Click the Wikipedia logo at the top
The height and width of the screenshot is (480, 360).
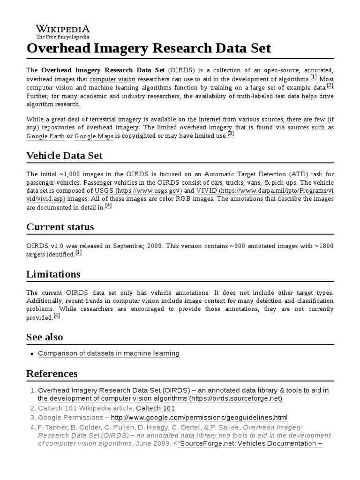coord(63,31)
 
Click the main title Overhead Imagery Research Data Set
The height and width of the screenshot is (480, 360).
coord(149,49)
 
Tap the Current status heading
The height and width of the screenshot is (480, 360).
coord(60,227)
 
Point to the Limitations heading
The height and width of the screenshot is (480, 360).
coord(53,274)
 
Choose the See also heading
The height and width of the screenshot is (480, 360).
coord(45,337)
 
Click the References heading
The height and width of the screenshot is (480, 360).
coord(52,374)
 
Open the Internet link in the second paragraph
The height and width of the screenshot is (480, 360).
coord(210,119)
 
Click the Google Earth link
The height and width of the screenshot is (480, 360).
coord(45,136)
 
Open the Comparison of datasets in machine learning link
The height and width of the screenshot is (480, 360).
coord(108,353)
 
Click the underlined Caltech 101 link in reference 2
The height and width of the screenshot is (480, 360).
coord(155,408)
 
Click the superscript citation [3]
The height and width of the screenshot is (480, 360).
coord(230,134)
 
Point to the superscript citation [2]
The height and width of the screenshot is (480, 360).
coord(330,85)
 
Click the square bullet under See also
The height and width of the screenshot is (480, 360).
coord(32,353)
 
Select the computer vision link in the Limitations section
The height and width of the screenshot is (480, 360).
coord(136,300)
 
